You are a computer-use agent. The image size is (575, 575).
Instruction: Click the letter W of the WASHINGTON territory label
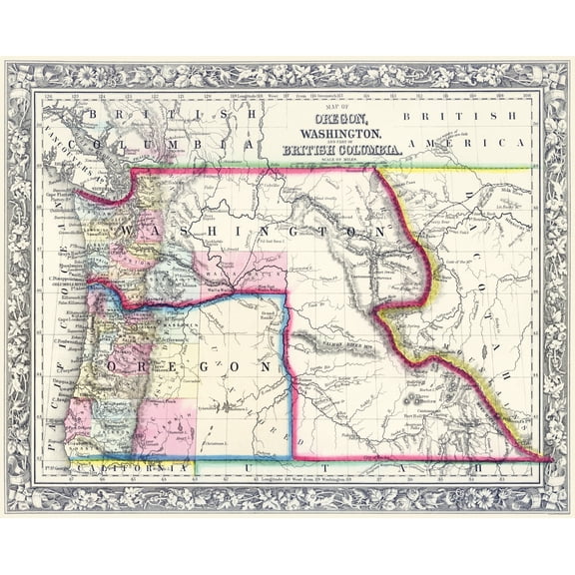[127, 231]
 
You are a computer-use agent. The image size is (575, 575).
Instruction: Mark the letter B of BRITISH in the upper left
[91, 117]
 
